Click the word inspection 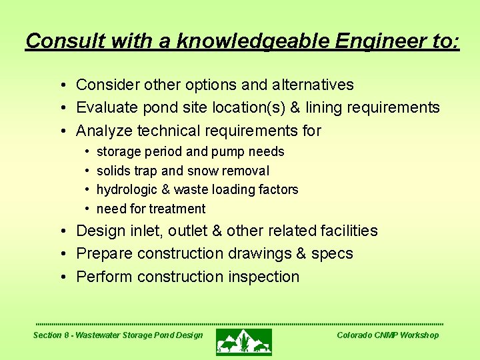coord(264,277)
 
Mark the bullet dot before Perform coord(61,277)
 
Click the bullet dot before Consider coord(61,85)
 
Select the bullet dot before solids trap coord(87,171)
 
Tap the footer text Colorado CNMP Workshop coord(387,335)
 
